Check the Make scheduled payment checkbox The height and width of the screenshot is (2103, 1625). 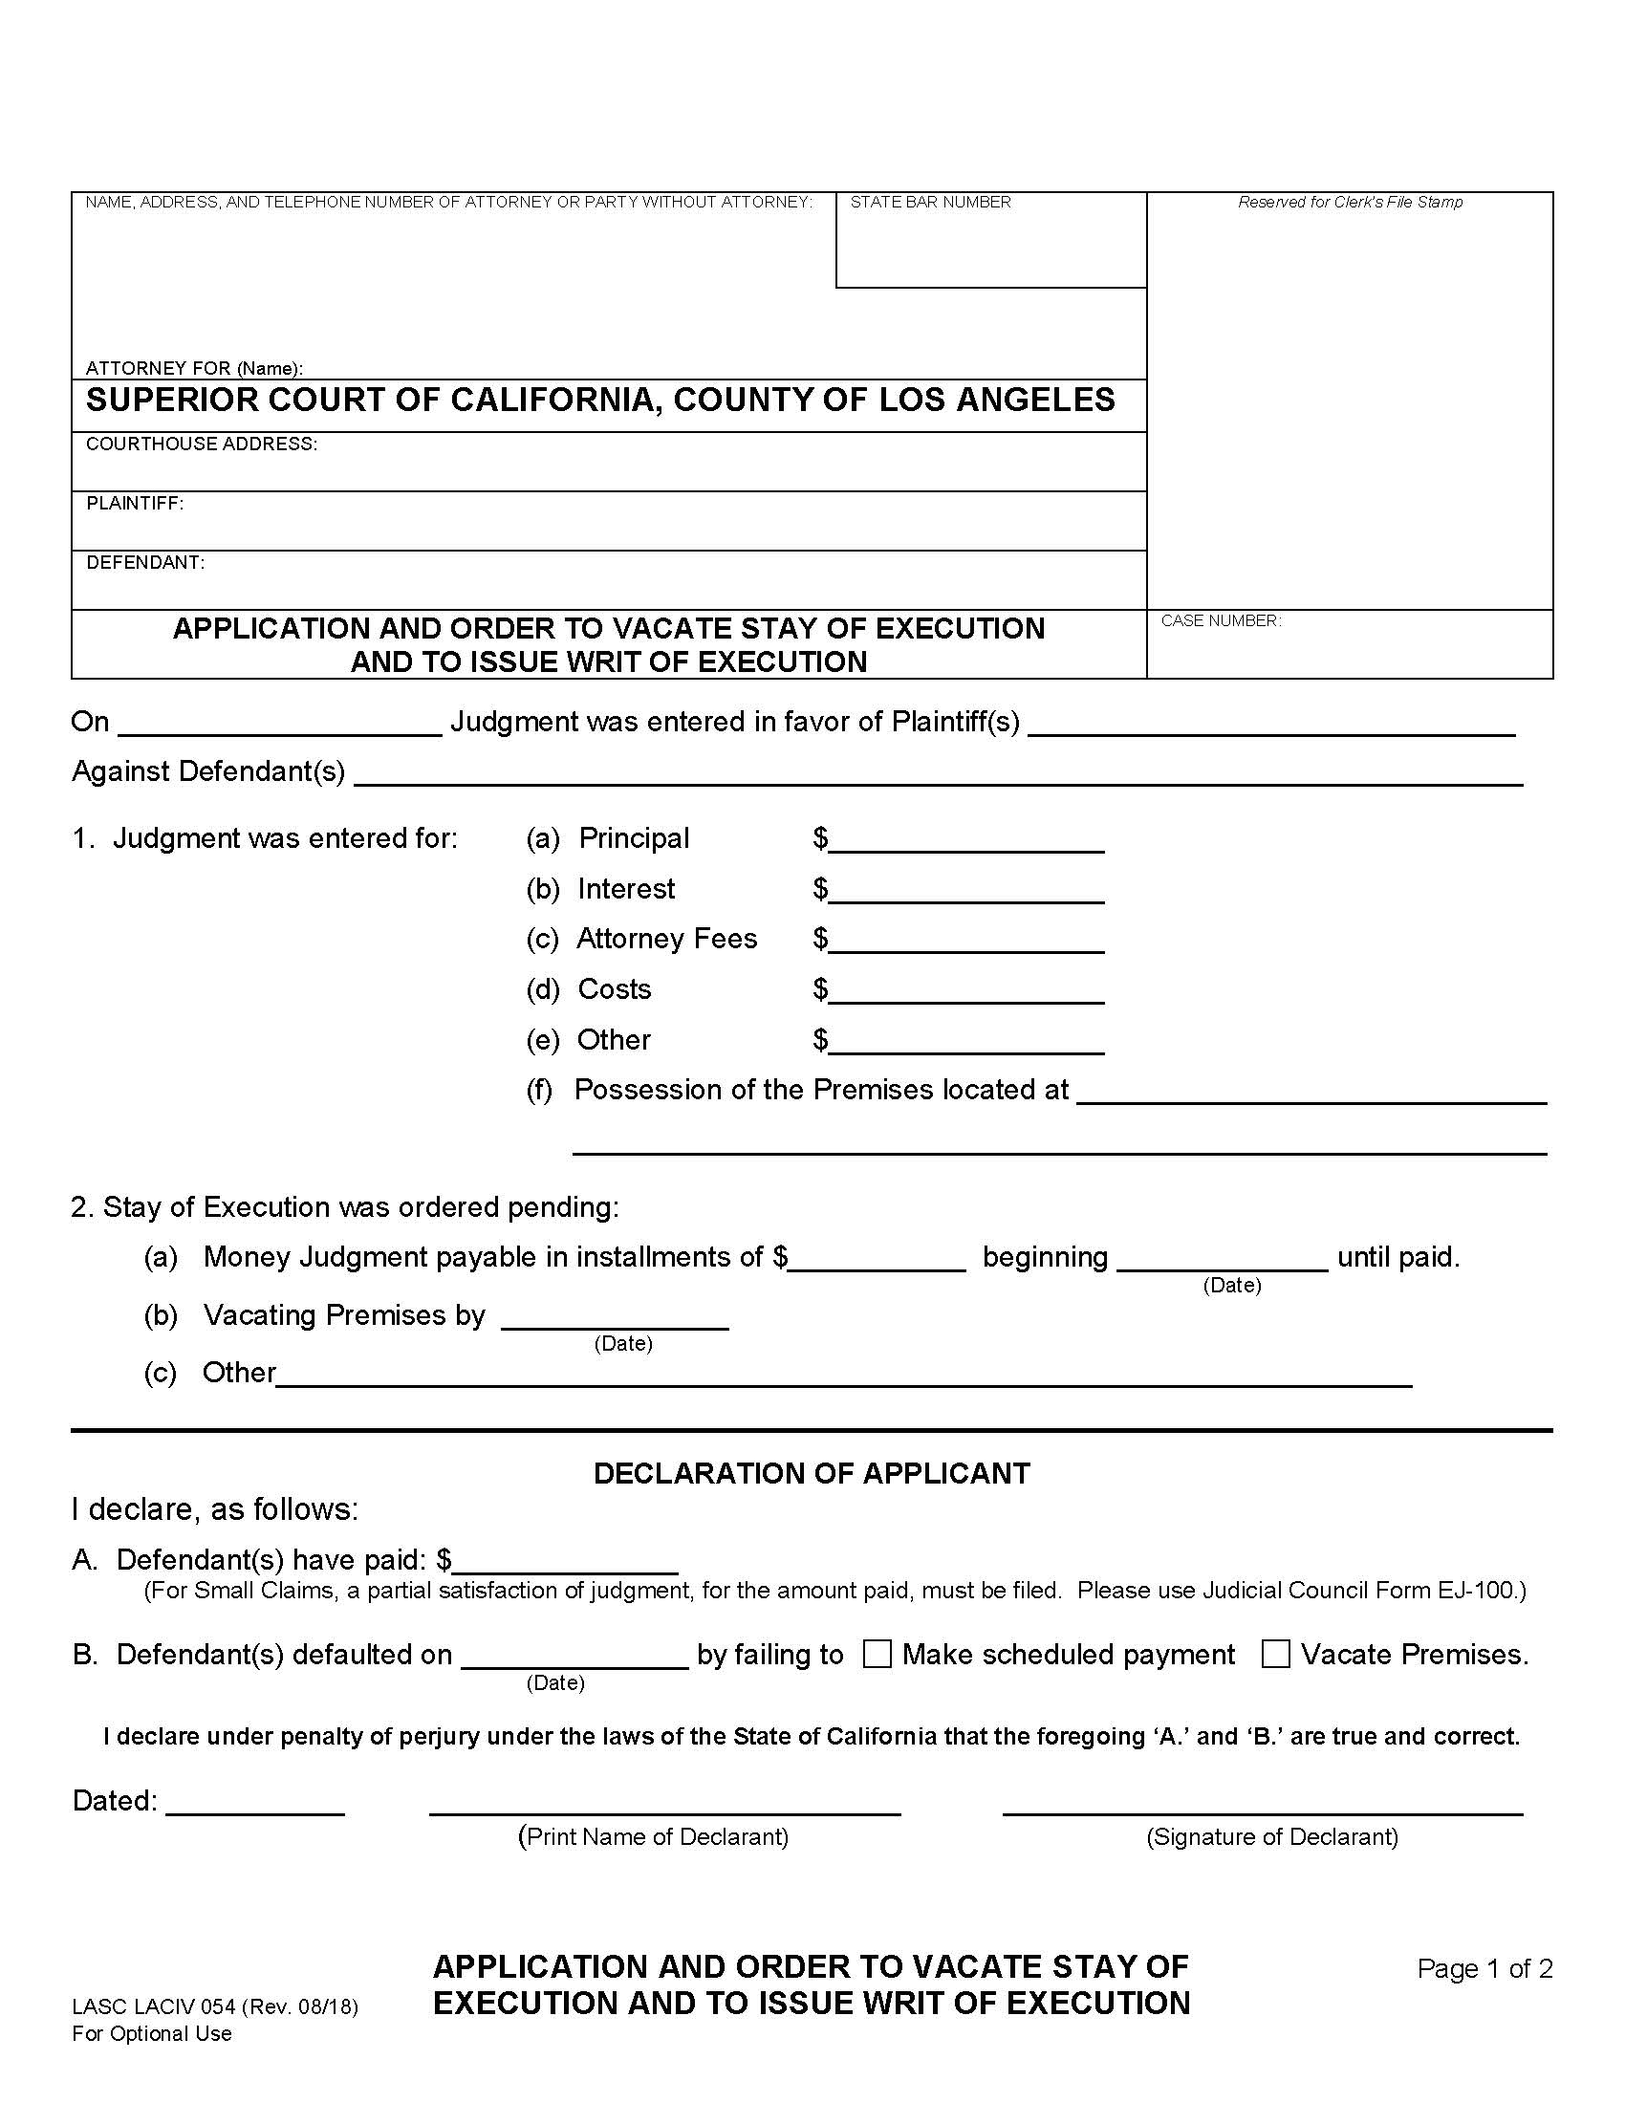pos(876,1655)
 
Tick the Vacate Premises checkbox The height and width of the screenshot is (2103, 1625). pos(1275,1655)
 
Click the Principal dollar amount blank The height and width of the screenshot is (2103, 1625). pos(965,841)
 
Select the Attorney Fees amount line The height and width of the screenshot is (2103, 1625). pos(965,942)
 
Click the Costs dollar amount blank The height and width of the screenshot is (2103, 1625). pos(965,992)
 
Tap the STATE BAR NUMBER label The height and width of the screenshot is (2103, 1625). pos(930,203)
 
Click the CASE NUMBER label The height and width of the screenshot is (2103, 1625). pos(1221,621)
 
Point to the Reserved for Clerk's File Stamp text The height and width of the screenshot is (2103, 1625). pos(1350,203)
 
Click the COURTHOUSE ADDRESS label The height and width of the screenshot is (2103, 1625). pos(201,444)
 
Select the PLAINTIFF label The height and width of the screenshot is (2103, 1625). pos(135,503)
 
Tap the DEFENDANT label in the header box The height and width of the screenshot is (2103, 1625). pos(145,562)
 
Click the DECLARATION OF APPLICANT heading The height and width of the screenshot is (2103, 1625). pos(812,1473)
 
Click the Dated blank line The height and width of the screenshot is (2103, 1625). pos(255,1803)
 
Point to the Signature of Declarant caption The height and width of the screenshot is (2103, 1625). pos(1271,1836)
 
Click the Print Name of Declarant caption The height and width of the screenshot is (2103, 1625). pos(654,1836)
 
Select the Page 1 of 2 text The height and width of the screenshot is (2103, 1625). pos(1484,1968)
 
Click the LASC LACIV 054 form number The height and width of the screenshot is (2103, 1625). pos(215,2006)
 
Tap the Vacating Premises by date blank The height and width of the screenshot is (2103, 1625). pos(615,1318)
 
